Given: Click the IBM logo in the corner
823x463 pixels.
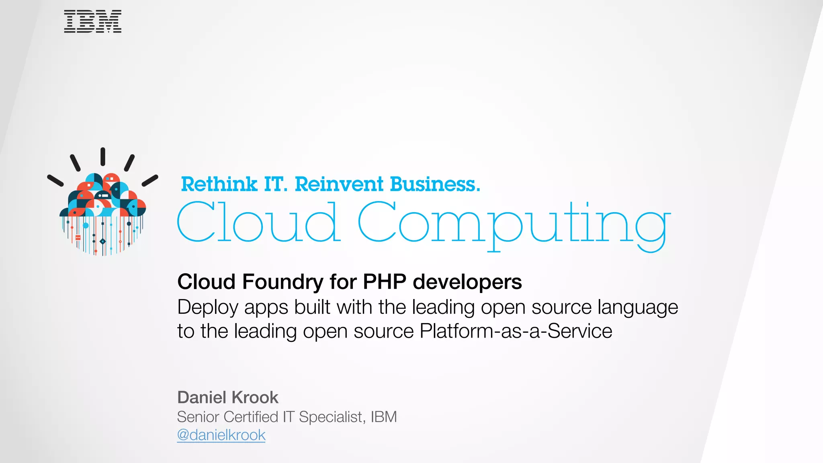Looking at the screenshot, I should (x=92, y=22).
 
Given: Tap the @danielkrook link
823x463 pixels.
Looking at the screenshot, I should (x=221, y=435).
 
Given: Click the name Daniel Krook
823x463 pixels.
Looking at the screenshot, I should (x=227, y=397).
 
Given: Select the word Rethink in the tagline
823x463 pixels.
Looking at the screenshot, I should (x=219, y=184).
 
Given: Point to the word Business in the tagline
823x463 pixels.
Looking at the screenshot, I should (x=435, y=184).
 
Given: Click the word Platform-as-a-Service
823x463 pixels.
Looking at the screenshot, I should (x=516, y=331).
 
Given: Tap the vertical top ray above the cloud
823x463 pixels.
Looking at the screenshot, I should (x=103, y=156).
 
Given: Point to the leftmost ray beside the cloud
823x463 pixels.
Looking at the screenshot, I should (x=55, y=180).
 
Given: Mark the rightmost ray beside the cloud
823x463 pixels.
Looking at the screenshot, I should (x=150, y=180).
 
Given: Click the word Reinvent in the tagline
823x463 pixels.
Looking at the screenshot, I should (x=339, y=184).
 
